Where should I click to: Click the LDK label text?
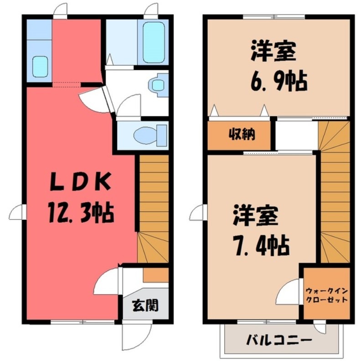(x=79, y=184)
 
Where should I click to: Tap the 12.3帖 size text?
(x=79, y=212)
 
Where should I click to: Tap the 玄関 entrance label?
(x=145, y=305)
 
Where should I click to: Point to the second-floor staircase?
(x=334, y=191)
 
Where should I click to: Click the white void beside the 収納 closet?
(x=296, y=135)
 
